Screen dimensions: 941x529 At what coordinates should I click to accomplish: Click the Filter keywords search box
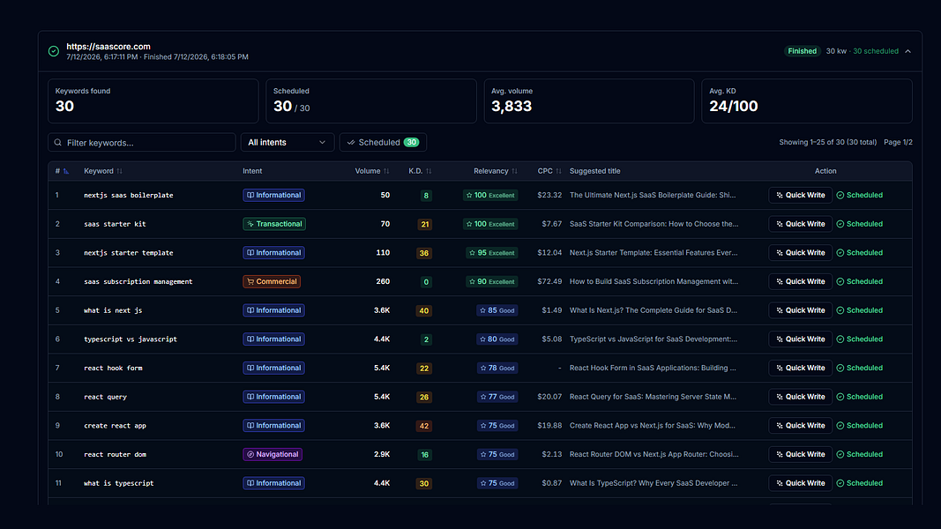(142, 142)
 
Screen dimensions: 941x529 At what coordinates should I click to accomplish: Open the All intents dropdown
(287, 142)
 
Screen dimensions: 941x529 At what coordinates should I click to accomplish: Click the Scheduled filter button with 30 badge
(383, 142)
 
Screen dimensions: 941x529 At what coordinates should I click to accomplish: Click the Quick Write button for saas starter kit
(800, 224)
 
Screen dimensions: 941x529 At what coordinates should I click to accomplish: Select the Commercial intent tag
(272, 281)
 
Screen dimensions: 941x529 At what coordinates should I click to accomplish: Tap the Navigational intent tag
(273, 454)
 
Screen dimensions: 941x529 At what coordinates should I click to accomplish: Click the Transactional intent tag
(274, 224)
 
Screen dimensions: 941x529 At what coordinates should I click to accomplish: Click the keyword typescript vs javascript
(131, 339)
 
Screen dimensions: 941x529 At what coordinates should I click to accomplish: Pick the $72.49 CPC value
(549, 281)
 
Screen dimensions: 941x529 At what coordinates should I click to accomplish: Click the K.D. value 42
(424, 426)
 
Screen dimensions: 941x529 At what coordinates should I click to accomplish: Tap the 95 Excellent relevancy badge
(491, 252)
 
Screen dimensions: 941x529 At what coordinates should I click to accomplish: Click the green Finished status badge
(802, 51)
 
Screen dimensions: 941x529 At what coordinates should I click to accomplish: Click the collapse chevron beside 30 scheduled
(908, 51)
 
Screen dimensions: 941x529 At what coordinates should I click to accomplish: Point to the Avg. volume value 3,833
(512, 106)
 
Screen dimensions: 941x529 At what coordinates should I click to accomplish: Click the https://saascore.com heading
(108, 46)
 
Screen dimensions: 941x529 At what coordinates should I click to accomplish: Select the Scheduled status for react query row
(859, 397)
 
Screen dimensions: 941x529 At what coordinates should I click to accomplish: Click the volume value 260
(383, 281)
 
